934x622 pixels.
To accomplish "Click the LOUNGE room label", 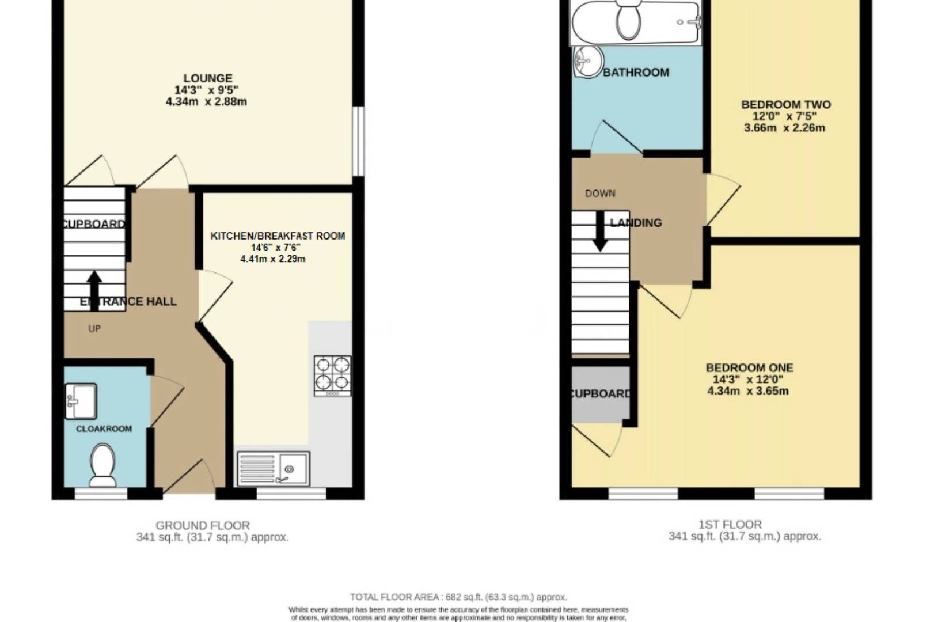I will point(208,78).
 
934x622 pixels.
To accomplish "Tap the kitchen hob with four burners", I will point(332,375).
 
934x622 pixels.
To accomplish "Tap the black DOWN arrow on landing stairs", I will point(600,232).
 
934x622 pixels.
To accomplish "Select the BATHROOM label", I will point(636,73).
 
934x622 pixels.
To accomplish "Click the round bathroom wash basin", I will point(588,61).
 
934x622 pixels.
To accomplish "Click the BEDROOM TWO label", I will point(785,105).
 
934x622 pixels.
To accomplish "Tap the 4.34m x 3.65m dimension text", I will point(747,391).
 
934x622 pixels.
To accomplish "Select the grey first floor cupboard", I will point(600,393).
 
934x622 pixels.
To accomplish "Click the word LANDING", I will point(636,223).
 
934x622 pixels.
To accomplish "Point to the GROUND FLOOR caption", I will point(203,525).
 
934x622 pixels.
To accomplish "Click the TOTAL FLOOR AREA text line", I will point(458,597).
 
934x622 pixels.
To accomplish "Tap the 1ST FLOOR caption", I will point(730,524).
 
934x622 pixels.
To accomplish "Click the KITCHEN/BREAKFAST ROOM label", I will point(278,236).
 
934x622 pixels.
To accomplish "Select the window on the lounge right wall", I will point(358,141).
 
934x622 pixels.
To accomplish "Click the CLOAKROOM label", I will point(104,429).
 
